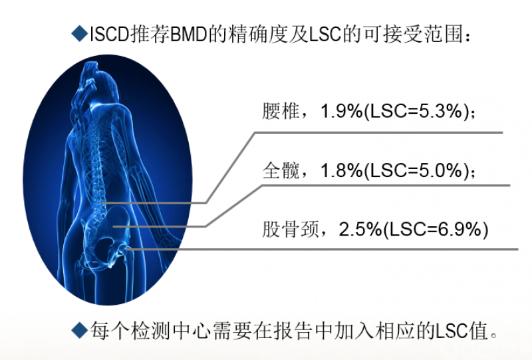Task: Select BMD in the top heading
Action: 189,35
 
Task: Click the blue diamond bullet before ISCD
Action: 80,34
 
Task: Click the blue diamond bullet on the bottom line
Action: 80,330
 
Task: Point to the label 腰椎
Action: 281,110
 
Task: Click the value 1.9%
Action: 341,111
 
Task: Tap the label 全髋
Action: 281,170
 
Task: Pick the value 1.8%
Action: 341,170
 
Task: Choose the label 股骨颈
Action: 291,229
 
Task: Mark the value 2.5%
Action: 360,230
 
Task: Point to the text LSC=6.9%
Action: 436,230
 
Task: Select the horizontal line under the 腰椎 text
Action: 378,132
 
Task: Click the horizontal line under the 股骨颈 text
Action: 323,250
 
